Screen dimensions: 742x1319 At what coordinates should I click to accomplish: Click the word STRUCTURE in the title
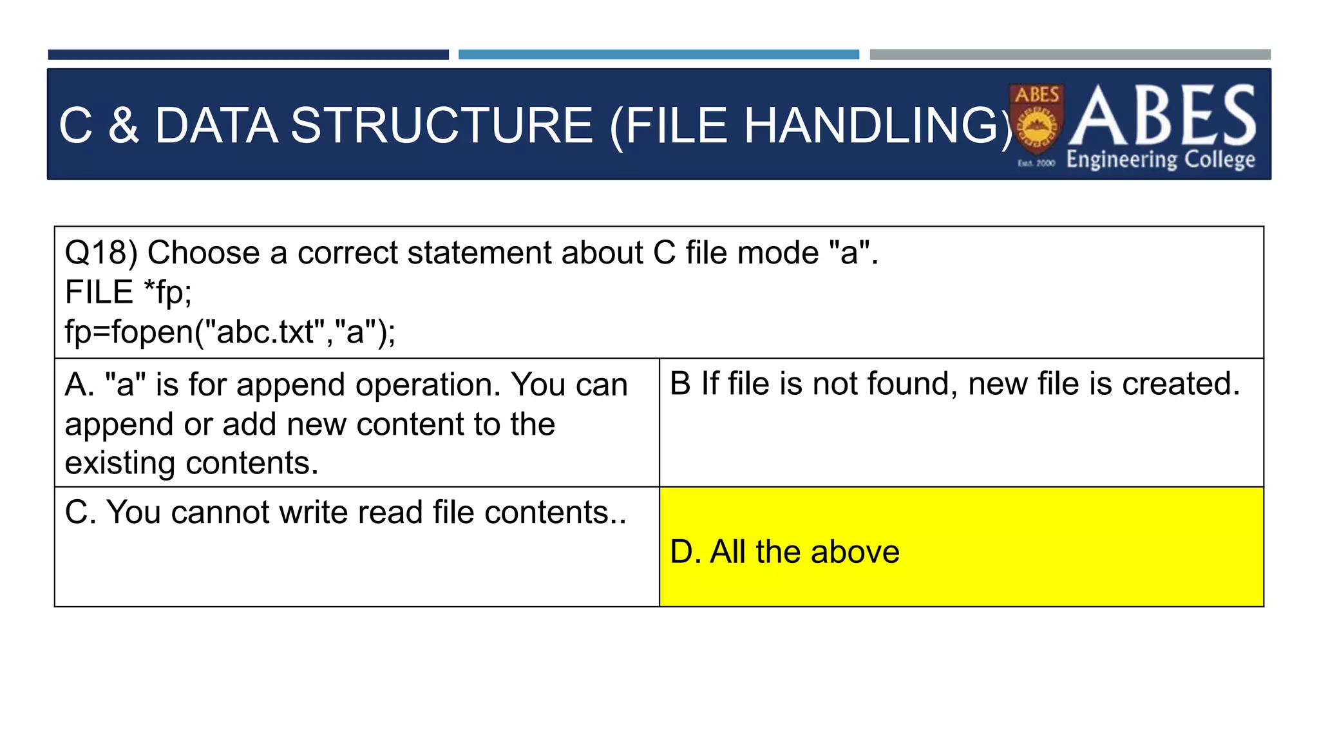pyautogui.click(x=441, y=126)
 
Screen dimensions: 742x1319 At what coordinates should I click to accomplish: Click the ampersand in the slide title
pyautogui.click(x=123, y=126)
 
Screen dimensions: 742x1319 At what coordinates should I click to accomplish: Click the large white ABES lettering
pyautogui.click(x=1163, y=116)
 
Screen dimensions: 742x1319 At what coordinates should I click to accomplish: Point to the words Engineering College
pyautogui.click(x=1161, y=159)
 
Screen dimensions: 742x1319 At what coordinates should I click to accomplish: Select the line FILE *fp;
pyautogui.click(x=128, y=292)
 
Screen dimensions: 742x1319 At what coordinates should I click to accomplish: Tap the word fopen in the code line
pyautogui.click(x=153, y=332)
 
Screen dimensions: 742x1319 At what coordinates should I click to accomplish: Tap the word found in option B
pyautogui.click(x=904, y=384)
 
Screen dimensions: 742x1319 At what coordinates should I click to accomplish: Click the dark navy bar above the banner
pyautogui.click(x=248, y=55)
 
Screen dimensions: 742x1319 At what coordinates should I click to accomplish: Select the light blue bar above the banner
pyautogui.click(x=658, y=55)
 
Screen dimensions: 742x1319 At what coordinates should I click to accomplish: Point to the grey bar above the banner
pyautogui.click(x=1070, y=55)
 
